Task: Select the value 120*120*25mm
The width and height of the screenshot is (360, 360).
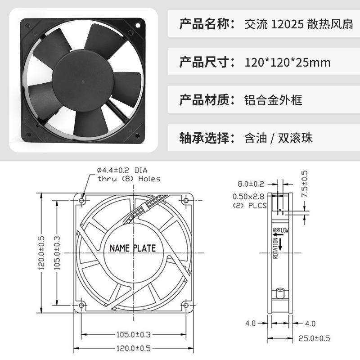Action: coord(288,62)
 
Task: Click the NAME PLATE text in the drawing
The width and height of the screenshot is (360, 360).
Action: coord(133,248)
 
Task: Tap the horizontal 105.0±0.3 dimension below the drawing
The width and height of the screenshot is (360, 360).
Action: coord(133,334)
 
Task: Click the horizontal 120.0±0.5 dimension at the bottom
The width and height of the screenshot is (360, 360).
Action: coord(133,348)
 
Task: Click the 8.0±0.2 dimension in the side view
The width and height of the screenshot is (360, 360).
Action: coord(251,184)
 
